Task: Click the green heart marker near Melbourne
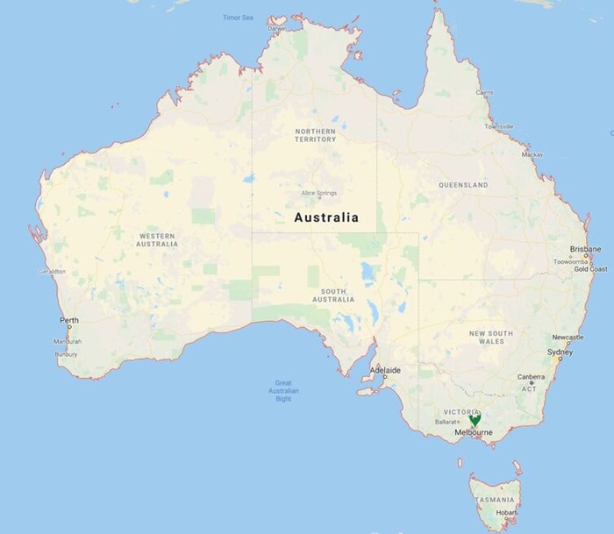coord(475,420)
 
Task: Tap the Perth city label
coord(68,321)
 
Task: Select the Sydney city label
coord(560,352)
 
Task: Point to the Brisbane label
coord(585,249)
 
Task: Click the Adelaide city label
coord(386,370)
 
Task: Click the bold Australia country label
coord(325,217)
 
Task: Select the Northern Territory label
coord(316,135)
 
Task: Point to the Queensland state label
coord(462,186)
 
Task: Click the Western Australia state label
coord(158,239)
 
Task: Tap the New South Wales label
coord(490,338)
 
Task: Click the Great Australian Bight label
coord(283,390)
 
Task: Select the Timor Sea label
coord(238,17)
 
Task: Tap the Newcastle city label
coord(568,338)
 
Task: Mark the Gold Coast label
coord(590,269)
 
